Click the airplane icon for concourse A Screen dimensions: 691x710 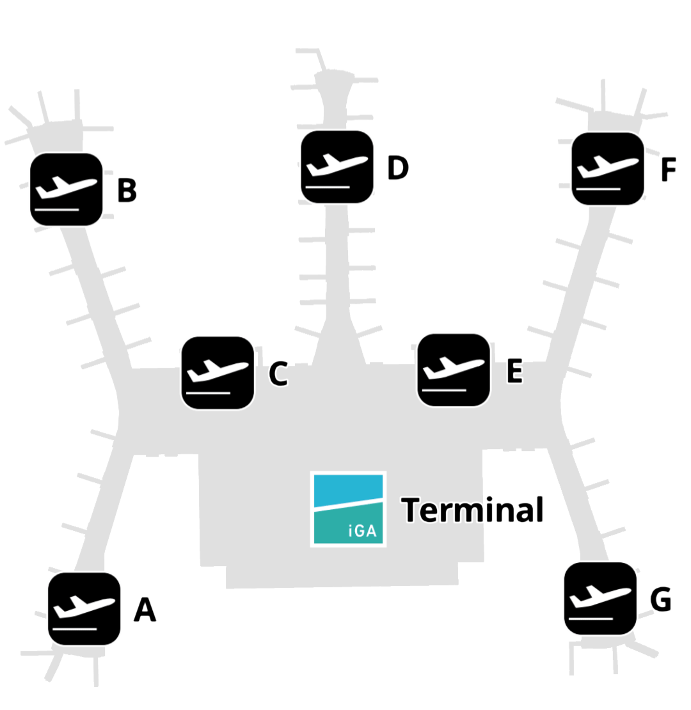click(x=84, y=608)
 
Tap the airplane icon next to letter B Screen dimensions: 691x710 click(x=66, y=189)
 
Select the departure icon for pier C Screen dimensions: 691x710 click(x=218, y=373)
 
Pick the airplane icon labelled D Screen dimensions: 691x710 click(x=337, y=167)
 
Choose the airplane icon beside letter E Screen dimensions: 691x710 click(x=454, y=370)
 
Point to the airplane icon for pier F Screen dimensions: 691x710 click(x=608, y=168)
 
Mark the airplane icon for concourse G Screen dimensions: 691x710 click(x=600, y=599)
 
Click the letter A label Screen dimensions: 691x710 click(x=145, y=610)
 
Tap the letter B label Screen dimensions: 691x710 click(x=127, y=190)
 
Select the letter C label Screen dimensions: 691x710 click(x=278, y=374)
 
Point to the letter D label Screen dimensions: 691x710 click(x=398, y=168)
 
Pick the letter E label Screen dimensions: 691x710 click(x=514, y=371)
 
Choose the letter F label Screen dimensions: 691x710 click(x=669, y=170)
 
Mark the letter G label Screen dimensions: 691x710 click(x=661, y=599)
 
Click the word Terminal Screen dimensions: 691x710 click(x=472, y=510)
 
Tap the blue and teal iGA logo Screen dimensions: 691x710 click(x=348, y=509)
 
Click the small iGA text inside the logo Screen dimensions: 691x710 click(x=362, y=531)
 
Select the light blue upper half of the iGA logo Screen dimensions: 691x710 click(x=348, y=490)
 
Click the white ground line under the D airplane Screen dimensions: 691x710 click(x=328, y=187)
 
